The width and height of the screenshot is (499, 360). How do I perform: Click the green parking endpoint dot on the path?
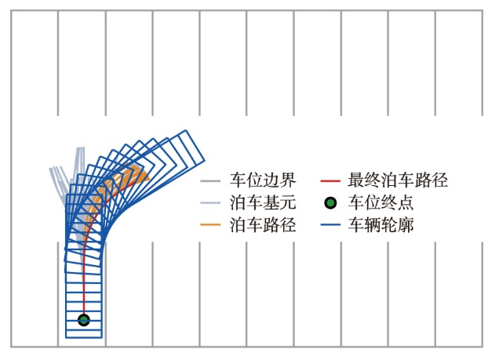point(84,320)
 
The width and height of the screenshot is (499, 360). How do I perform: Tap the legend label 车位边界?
point(263,180)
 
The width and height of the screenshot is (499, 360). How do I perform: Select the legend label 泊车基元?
point(263,202)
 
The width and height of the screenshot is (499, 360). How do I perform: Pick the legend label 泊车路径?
point(263,225)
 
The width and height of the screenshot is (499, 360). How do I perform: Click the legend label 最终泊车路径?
point(398,180)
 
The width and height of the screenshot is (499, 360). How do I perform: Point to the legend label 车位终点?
point(381,202)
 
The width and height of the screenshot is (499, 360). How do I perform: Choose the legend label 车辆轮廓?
point(381,225)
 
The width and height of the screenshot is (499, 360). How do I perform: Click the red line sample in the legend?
point(330,180)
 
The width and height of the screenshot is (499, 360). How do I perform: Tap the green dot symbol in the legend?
point(330,203)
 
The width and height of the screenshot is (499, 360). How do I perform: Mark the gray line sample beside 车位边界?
point(210,180)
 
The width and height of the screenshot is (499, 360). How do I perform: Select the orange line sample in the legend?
point(210,224)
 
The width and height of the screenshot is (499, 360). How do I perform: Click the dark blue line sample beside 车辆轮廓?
point(330,224)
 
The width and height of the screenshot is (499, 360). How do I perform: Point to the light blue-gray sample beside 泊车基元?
point(210,202)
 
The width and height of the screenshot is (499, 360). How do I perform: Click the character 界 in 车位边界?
point(288,180)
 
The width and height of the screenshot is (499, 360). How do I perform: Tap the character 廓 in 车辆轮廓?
point(406,225)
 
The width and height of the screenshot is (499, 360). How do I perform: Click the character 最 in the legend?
point(356,180)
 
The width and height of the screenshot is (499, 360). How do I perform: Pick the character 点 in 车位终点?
point(406,202)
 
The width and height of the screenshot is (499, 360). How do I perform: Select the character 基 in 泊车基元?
point(271,202)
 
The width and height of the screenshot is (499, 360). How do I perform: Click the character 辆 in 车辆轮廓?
point(373,225)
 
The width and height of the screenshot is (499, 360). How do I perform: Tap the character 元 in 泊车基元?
point(288,202)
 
